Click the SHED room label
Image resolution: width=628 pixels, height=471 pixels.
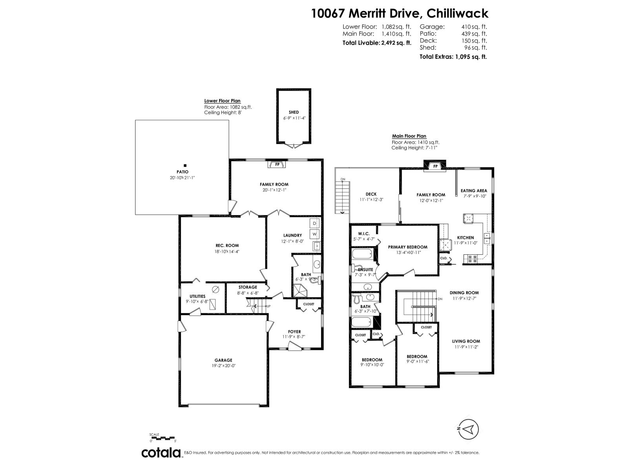pyautogui.click(x=294, y=112)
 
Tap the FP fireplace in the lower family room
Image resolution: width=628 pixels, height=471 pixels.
pyautogui.click(x=277, y=164)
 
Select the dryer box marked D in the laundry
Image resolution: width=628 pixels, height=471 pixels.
pyautogui.click(x=314, y=223)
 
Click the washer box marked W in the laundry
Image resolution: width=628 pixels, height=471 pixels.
pyautogui.click(x=314, y=234)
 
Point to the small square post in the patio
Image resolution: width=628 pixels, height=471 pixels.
pyautogui.click(x=185, y=166)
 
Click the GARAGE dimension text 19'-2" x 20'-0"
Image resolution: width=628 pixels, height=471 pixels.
pyautogui.click(x=223, y=365)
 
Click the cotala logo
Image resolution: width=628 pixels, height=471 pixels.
pyautogui.click(x=161, y=453)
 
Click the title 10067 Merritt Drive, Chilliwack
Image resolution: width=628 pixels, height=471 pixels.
pyautogui.click(x=400, y=13)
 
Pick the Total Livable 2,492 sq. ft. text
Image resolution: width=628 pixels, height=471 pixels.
pyautogui.click(x=377, y=43)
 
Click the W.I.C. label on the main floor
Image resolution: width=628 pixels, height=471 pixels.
pyautogui.click(x=364, y=234)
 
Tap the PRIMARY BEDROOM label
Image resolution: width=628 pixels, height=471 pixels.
pyautogui.click(x=407, y=247)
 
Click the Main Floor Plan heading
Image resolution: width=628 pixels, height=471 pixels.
pyautogui.click(x=409, y=136)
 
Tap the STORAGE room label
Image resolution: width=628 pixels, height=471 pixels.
pyautogui.click(x=248, y=287)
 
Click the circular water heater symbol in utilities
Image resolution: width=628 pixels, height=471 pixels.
pyautogui.click(x=215, y=290)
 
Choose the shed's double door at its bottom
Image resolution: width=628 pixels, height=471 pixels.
pyautogui.click(x=294, y=146)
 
